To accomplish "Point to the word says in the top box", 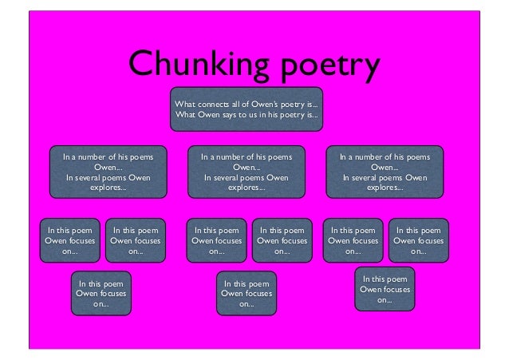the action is (x=239, y=115).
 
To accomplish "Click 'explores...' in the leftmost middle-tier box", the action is (x=109, y=188).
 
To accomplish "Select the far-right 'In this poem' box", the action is (x=418, y=239).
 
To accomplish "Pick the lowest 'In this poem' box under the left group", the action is (x=101, y=293).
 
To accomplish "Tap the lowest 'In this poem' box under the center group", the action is (x=247, y=293).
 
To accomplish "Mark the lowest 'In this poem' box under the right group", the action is (x=385, y=290).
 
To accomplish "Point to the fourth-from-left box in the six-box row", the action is (x=282, y=239).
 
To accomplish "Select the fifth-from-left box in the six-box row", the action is (x=353, y=239).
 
